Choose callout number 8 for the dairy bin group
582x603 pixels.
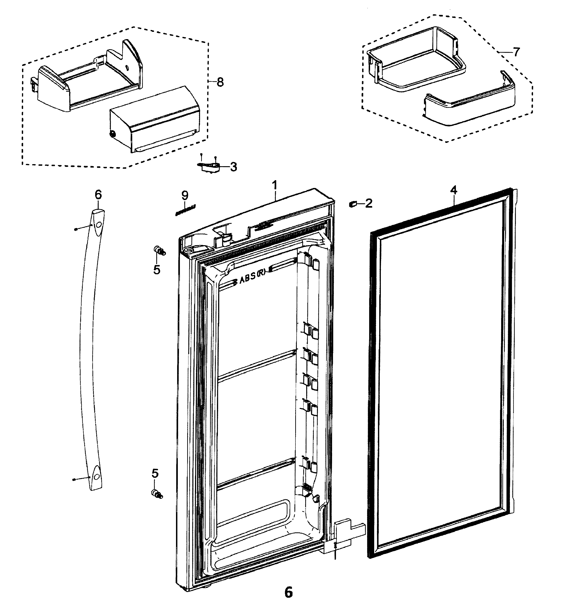coord(220,82)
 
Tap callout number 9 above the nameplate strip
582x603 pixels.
coord(184,195)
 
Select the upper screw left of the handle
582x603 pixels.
coord(76,229)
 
